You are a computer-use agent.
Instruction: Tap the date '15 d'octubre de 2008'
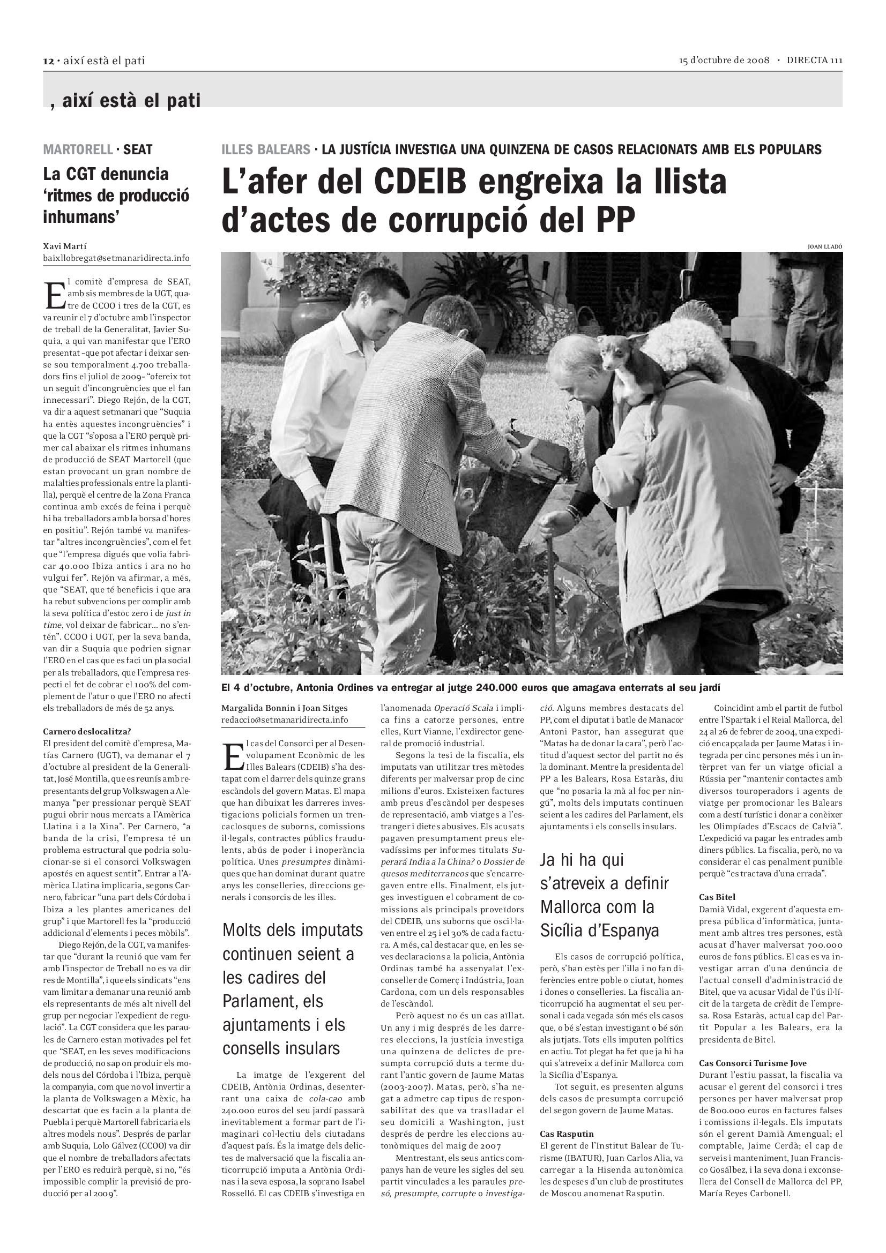click(724, 60)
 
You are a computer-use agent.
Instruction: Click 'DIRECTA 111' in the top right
click(814, 60)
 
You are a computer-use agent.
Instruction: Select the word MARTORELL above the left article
click(78, 149)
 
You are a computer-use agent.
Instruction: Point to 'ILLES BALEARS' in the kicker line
click(265, 149)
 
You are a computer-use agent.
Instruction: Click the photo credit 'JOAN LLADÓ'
click(825, 246)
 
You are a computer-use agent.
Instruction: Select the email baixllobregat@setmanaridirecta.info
click(116, 258)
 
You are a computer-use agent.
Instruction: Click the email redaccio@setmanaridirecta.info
click(285, 719)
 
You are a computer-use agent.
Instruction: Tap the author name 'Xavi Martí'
click(64, 246)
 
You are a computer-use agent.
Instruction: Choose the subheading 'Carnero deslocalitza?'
click(87, 731)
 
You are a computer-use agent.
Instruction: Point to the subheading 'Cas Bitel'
click(717, 897)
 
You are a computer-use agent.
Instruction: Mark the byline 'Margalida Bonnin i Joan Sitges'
click(284, 708)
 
